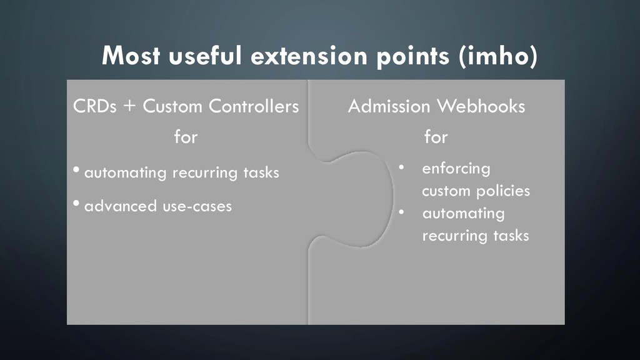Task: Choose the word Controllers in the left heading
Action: pos(254,107)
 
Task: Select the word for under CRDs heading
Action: pos(186,137)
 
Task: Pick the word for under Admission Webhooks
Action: pos(436,137)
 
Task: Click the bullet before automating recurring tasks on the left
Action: pos(76,171)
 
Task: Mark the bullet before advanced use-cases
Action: pos(76,205)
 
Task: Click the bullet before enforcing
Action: pos(403,167)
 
